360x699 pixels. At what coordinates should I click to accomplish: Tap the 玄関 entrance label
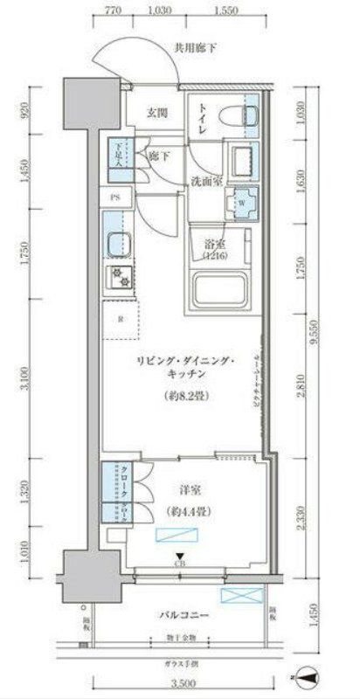pos(157,114)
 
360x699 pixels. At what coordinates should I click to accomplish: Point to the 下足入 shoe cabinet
pos(116,154)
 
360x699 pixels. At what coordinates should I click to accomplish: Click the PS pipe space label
pos(115,197)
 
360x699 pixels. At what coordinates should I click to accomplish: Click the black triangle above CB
pos(180,556)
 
